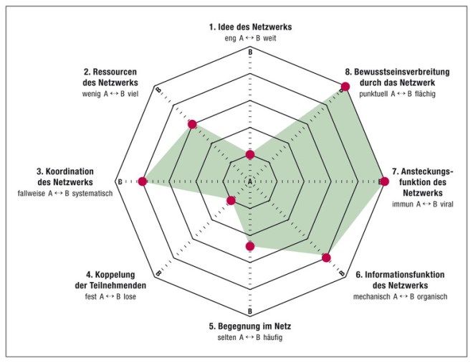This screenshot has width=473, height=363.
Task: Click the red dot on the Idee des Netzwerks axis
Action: click(x=250, y=155)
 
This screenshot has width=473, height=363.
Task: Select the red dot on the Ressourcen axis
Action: click(x=191, y=125)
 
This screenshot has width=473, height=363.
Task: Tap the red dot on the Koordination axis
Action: click(x=142, y=181)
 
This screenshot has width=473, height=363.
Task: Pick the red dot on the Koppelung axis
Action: click(x=230, y=201)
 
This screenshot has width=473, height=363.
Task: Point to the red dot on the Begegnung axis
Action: click(x=250, y=247)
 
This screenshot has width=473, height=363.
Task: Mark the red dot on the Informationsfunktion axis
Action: click(x=327, y=258)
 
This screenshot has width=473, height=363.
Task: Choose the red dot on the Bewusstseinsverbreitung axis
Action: click(x=345, y=87)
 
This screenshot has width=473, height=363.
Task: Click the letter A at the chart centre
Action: click(x=250, y=182)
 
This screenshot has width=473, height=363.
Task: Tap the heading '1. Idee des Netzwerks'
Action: click(x=250, y=27)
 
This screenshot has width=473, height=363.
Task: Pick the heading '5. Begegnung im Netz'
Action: click(x=250, y=326)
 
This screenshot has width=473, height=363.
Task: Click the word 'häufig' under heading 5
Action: click(x=272, y=337)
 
